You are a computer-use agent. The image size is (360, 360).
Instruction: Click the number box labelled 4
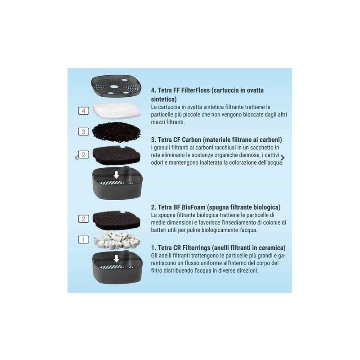[x=83, y=111]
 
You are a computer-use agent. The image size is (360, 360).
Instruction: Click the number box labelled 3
[x=83, y=131]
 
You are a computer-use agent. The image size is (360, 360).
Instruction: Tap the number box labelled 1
[x=83, y=240]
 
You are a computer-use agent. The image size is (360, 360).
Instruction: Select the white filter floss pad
[x=116, y=111]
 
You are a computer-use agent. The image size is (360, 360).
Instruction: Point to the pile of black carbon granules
[x=116, y=132]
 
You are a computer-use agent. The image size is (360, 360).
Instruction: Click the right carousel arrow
[x=283, y=158]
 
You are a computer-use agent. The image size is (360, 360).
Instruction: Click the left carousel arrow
[x=76, y=158]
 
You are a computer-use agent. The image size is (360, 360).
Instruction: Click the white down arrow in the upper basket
[x=117, y=175]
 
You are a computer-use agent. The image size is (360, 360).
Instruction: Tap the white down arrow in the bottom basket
[x=117, y=258]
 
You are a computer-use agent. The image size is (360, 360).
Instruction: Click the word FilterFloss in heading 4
[x=195, y=90]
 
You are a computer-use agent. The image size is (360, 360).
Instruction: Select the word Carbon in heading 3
[x=192, y=139]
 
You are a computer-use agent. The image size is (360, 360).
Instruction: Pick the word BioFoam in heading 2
[x=193, y=207]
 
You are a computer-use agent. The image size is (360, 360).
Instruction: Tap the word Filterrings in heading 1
[x=196, y=248]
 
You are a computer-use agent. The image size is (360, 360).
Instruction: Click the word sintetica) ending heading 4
[x=164, y=99]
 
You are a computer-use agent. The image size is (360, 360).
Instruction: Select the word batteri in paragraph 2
[x=159, y=230]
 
